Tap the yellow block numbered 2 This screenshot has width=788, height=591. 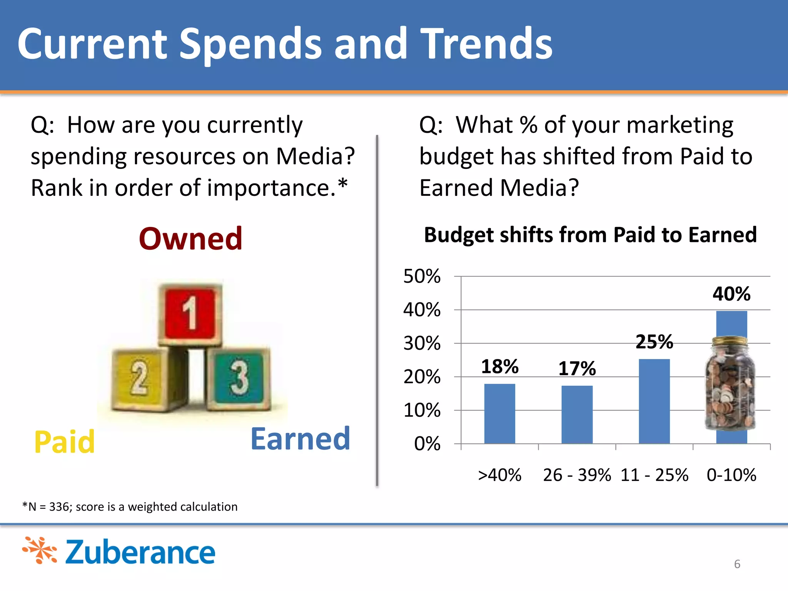point(139,379)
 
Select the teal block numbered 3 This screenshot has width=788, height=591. point(239,379)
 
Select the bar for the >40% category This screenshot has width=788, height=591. point(499,414)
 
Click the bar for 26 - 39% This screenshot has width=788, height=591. point(577,415)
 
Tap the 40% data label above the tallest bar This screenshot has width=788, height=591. point(731,294)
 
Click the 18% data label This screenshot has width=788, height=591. point(499,366)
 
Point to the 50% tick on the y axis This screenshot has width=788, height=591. point(422,276)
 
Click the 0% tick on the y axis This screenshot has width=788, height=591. point(427,444)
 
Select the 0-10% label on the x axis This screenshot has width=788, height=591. point(731,475)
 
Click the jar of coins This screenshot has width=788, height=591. point(730,389)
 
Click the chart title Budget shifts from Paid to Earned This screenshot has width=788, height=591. point(590,235)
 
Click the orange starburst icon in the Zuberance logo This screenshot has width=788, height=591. point(40,550)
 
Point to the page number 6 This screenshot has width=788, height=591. point(737,564)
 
